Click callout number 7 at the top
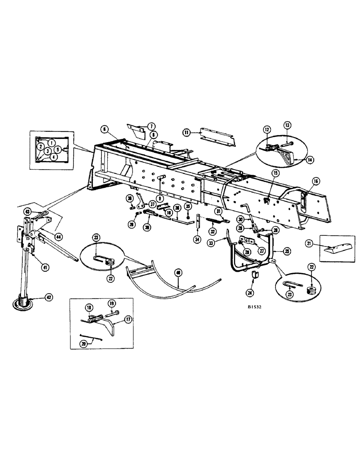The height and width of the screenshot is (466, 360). pos(152,127)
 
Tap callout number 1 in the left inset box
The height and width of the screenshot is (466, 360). pos(51,142)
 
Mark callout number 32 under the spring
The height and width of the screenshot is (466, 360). pos(213,231)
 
